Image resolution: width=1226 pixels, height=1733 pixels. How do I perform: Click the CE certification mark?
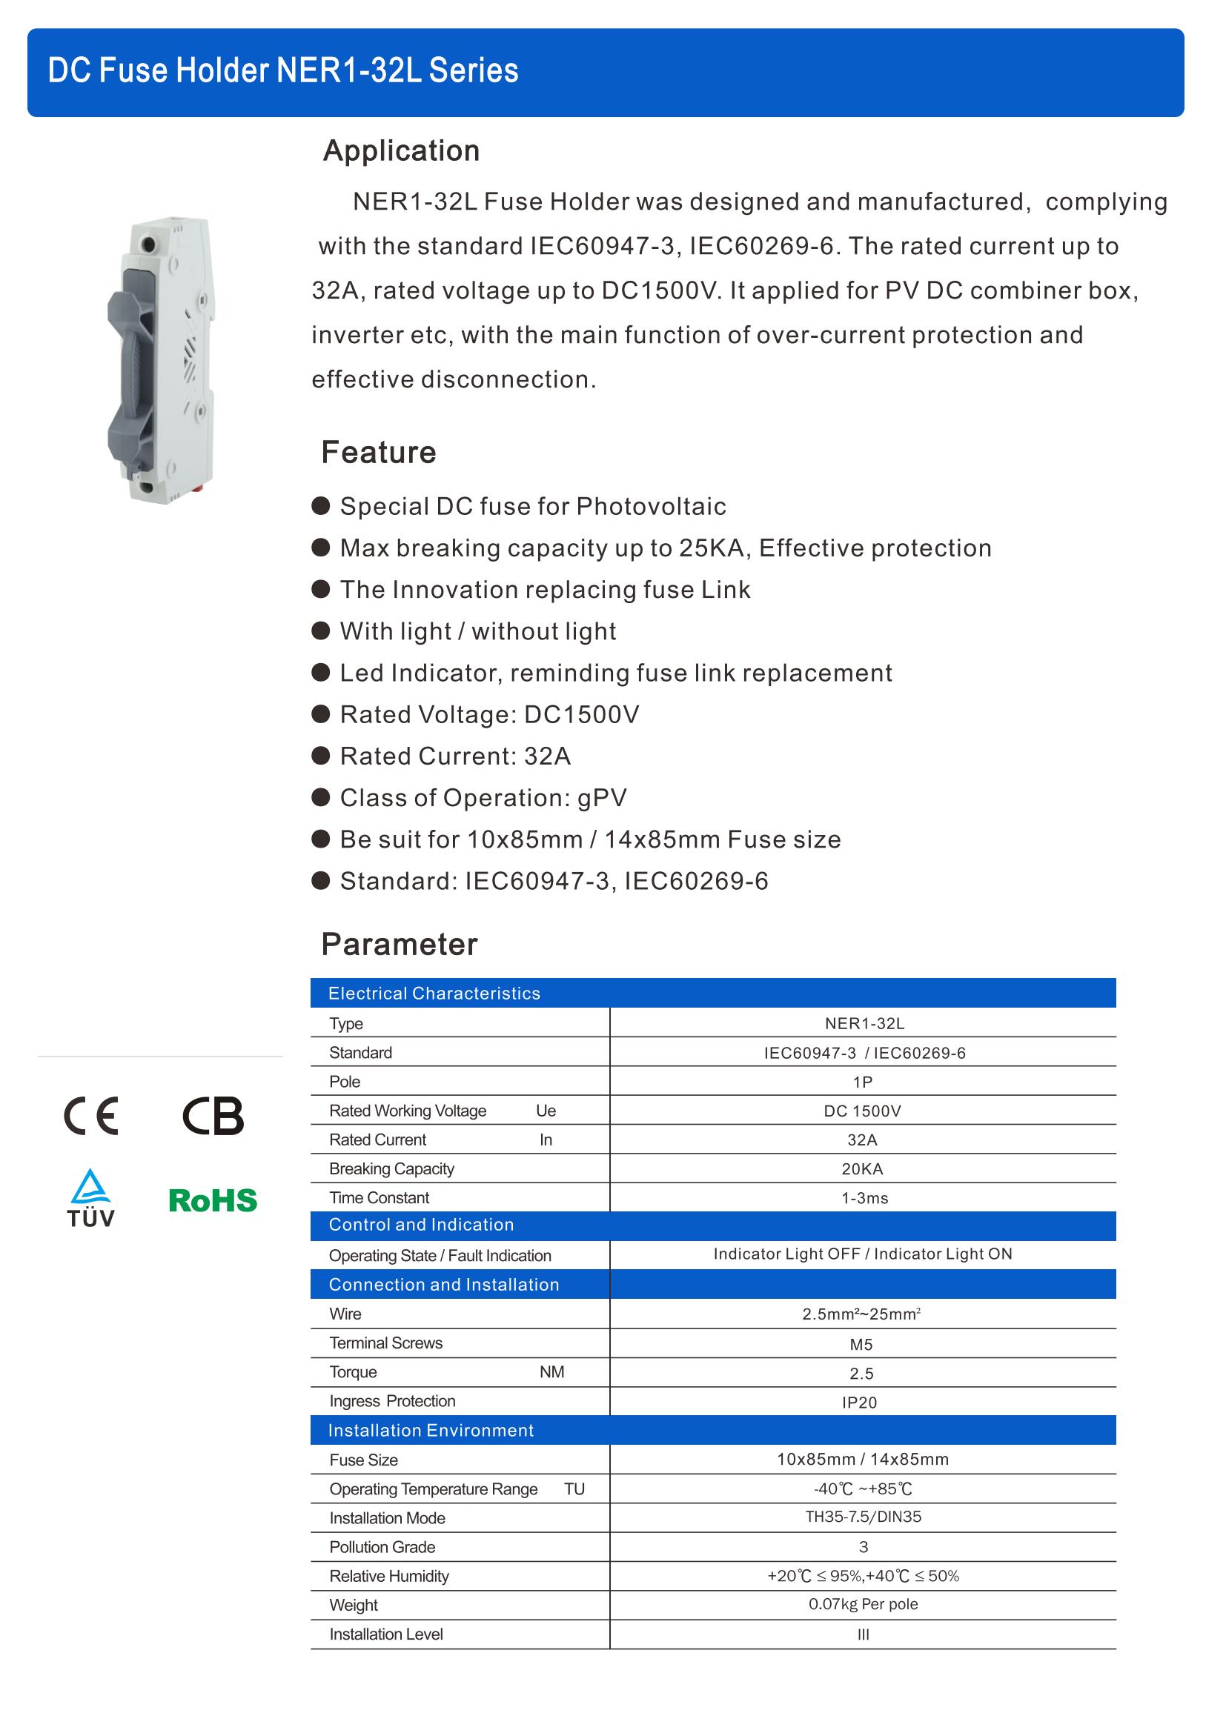tap(90, 1116)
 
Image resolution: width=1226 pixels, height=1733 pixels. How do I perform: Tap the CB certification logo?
tap(213, 1116)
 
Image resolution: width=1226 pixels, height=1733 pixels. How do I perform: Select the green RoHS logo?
tap(213, 1201)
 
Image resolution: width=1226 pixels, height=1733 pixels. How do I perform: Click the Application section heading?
tap(401, 151)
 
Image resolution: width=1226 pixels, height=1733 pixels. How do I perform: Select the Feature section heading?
tap(378, 452)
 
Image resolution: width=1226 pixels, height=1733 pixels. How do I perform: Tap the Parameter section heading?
tap(400, 944)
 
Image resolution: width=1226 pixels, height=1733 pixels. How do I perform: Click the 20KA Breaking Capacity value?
tap(862, 1169)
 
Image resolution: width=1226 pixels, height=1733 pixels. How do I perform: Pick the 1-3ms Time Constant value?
tap(864, 1198)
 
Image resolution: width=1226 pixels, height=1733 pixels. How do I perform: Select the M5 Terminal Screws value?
tap(861, 1344)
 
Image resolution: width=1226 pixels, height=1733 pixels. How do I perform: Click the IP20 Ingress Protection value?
tap(859, 1403)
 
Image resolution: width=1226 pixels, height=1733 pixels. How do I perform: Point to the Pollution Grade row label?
tap(382, 1546)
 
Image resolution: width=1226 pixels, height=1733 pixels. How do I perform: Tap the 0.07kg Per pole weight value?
tap(863, 1604)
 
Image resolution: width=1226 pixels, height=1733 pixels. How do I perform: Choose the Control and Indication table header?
tap(421, 1225)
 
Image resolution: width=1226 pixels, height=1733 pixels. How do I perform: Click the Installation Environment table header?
tap(431, 1430)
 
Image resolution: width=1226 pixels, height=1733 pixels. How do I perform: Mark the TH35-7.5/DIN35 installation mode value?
tap(863, 1517)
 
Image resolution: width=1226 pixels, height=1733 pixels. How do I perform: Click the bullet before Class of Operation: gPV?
tap(321, 797)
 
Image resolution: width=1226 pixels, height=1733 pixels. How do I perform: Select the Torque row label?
tap(353, 1372)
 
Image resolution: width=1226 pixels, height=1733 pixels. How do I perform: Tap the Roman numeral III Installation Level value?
tap(864, 1635)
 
